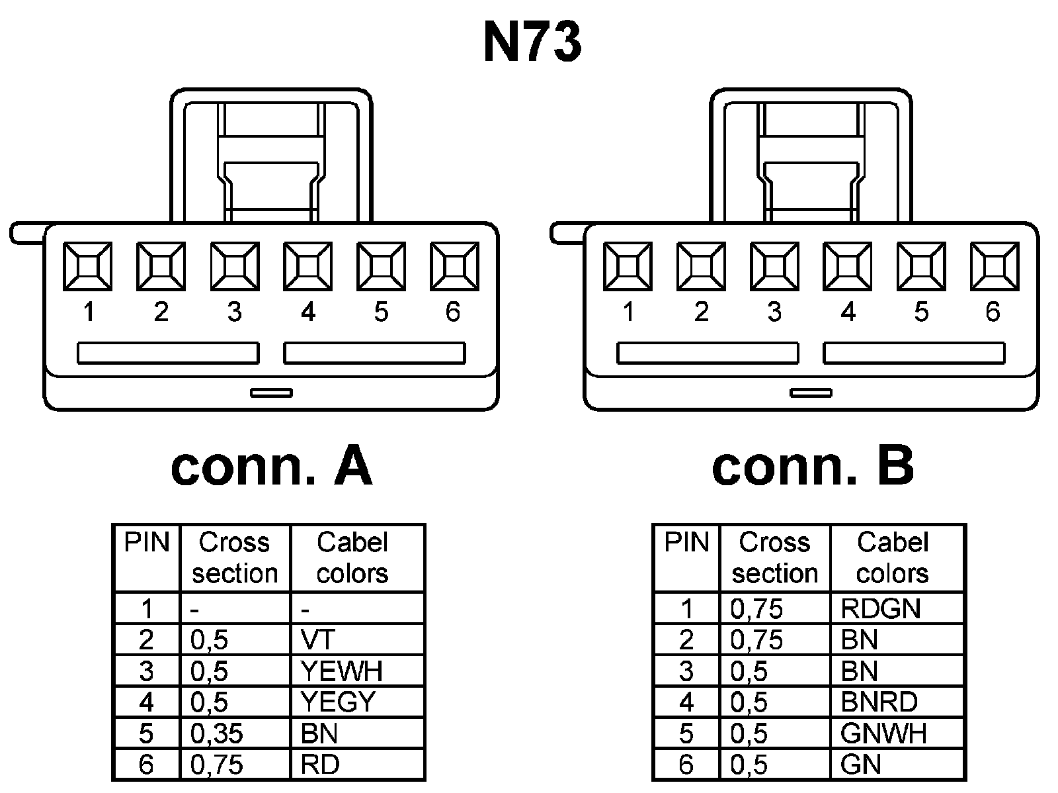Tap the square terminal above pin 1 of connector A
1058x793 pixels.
tap(87, 266)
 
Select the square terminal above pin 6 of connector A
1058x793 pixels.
tap(454, 266)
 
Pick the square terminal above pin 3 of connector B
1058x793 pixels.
tap(774, 266)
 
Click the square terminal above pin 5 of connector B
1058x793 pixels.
tap(921, 266)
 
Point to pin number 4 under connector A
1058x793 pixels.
tap(308, 311)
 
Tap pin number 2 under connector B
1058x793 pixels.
tap(702, 311)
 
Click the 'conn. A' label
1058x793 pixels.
tap(271, 466)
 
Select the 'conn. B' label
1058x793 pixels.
tap(813, 466)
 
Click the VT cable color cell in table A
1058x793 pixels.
tap(357, 639)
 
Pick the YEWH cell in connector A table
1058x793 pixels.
tap(357, 671)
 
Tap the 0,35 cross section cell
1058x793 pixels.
tap(235, 733)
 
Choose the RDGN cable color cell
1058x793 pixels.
tap(897, 608)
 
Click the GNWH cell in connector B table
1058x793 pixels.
tap(897, 733)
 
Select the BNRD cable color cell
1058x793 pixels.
tap(897, 702)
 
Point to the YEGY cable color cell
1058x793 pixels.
tap(357, 702)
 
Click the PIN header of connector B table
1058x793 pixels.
tap(686, 543)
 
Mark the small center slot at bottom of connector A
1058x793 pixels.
tap(271, 393)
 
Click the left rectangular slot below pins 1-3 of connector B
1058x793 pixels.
tap(708, 353)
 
